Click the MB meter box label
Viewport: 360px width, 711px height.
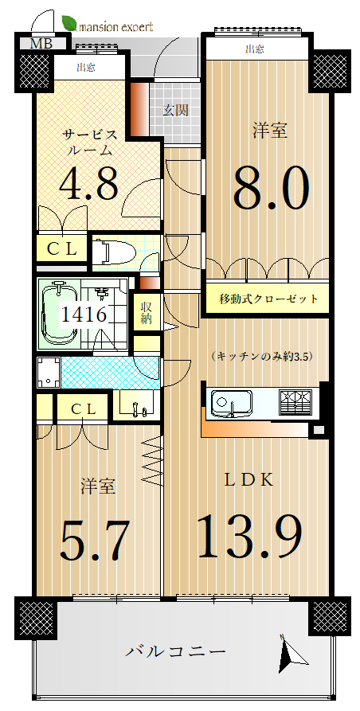pos(41,44)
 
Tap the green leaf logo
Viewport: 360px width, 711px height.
pos(69,22)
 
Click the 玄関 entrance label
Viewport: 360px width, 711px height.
pos(175,110)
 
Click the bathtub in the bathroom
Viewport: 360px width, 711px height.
pos(58,314)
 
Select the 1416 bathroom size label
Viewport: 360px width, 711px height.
pos(84,314)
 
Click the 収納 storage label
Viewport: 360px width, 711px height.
pos(146,312)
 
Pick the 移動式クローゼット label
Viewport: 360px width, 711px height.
pos(268,299)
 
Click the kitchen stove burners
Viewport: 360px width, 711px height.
pos(296,402)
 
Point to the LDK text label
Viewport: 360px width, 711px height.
pos(249,480)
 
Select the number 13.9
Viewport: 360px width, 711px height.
pos(250,536)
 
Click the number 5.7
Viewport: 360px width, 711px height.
pos(96,540)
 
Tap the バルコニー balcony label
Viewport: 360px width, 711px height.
pos(175,652)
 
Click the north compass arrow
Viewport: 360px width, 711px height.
pos(289,653)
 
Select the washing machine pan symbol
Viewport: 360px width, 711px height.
pos(49,373)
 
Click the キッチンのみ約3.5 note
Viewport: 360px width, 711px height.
pos(262,357)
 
